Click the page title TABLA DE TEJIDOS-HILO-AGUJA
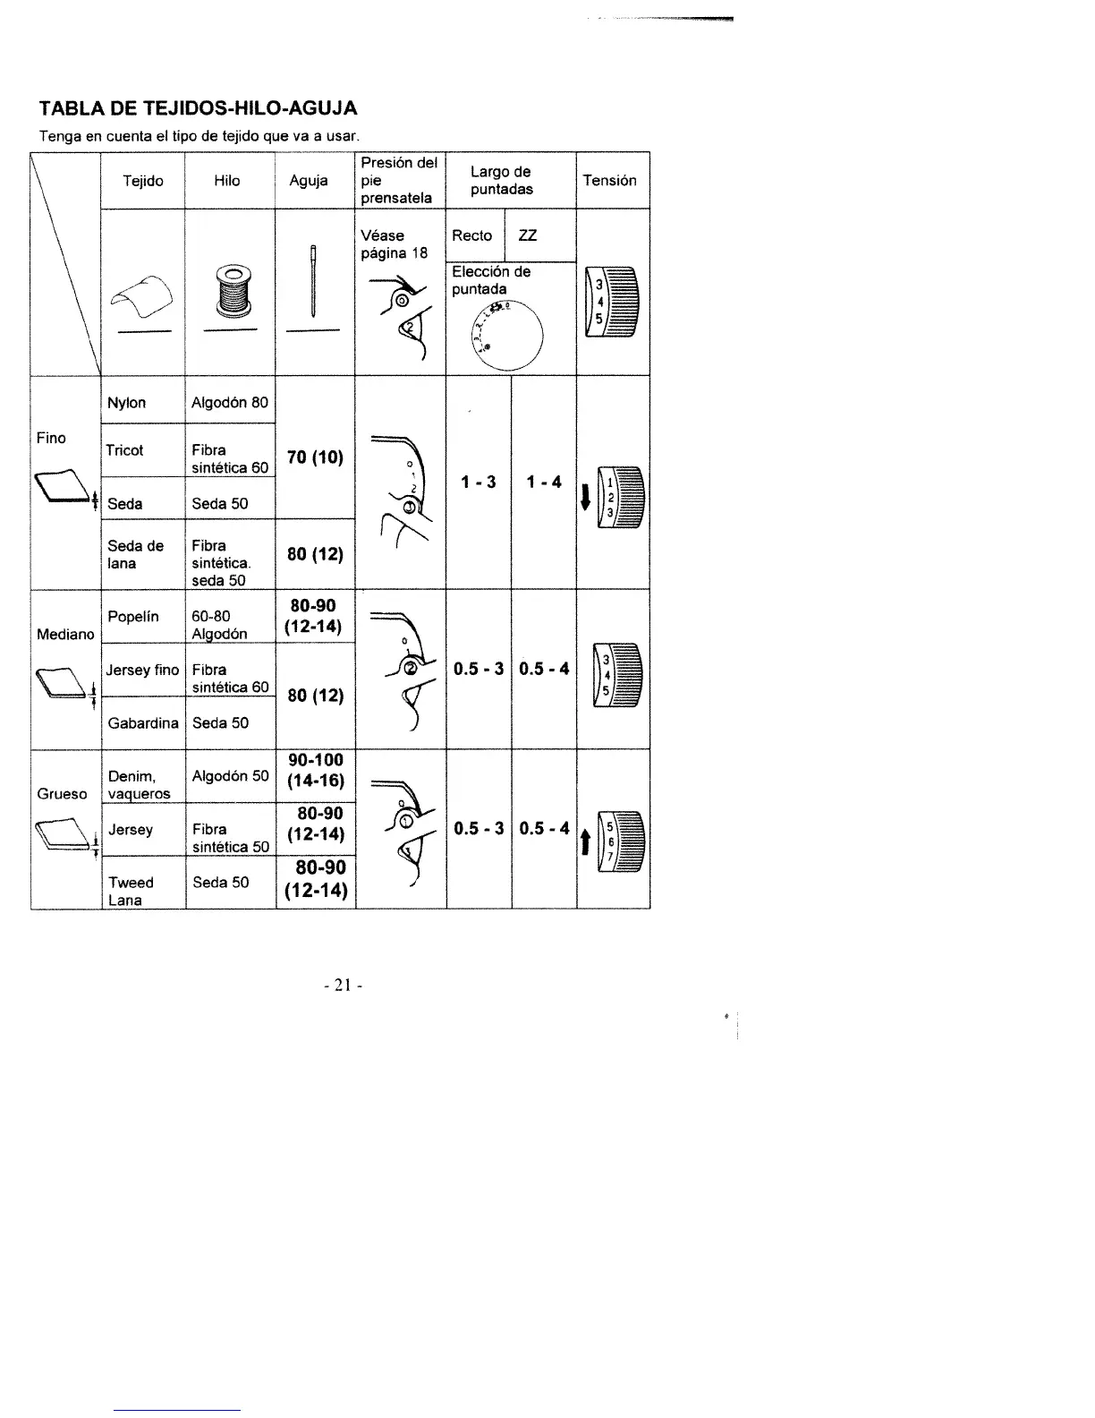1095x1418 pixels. tap(198, 109)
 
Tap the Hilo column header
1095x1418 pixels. tap(227, 181)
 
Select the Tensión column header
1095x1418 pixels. tap(609, 181)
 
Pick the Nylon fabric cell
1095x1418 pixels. tap(127, 403)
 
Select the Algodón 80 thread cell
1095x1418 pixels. tap(229, 403)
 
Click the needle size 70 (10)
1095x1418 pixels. tap(315, 458)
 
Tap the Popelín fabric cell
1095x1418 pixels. tap(133, 617)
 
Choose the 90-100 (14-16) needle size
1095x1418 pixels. tap(315, 771)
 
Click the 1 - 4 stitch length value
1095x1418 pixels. tap(544, 483)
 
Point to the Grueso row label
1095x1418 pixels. tap(63, 794)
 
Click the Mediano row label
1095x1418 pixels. tap(65, 635)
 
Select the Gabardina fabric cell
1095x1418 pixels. tap(142, 723)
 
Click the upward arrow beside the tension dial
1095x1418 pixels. tap(585, 841)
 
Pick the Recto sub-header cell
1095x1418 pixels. tap(472, 236)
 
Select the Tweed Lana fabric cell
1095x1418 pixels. tap(131, 891)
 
